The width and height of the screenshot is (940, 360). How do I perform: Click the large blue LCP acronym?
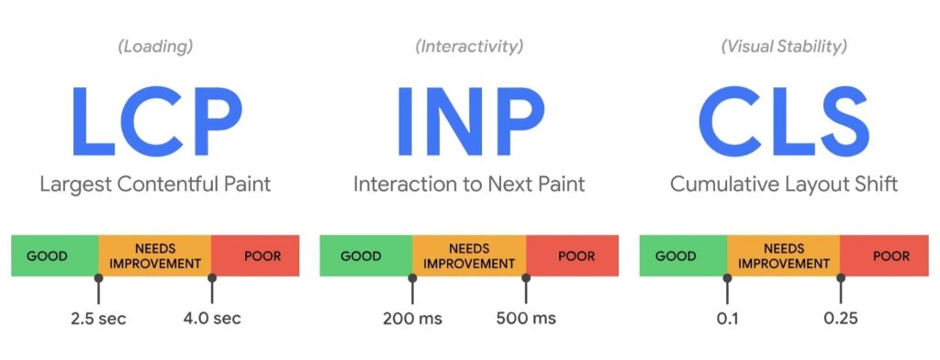click(x=157, y=121)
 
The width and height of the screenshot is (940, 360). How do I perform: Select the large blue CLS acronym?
click(x=784, y=121)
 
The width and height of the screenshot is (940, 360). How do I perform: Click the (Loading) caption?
click(x=155, y=47)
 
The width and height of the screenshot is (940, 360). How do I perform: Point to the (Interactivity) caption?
click(x=469, y=47)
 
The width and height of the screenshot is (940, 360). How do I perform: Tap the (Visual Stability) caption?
click(x=784, y=47)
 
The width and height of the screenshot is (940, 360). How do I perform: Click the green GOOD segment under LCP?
click(x=54, y=255)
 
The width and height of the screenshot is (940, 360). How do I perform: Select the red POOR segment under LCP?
click(x=255, y=255)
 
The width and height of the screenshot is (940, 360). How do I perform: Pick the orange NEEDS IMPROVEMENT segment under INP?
click(x=469, y=255)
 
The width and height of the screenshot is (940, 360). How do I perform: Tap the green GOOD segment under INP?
click(x=366, y=255)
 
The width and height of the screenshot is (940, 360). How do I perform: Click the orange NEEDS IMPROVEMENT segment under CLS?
click(x=784, y=255)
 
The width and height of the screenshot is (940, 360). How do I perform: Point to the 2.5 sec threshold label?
click(x=98, y=318)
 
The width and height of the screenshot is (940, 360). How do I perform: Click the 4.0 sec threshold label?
click(x=212, y=318)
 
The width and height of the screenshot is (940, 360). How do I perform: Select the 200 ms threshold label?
click(x=412, y=318)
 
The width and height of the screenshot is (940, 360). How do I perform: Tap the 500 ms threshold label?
click(x=526, y=318)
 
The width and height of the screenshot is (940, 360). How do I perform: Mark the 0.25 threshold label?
click(x=841, y=318)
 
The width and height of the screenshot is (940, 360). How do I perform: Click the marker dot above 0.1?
click(x=727, y=277)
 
